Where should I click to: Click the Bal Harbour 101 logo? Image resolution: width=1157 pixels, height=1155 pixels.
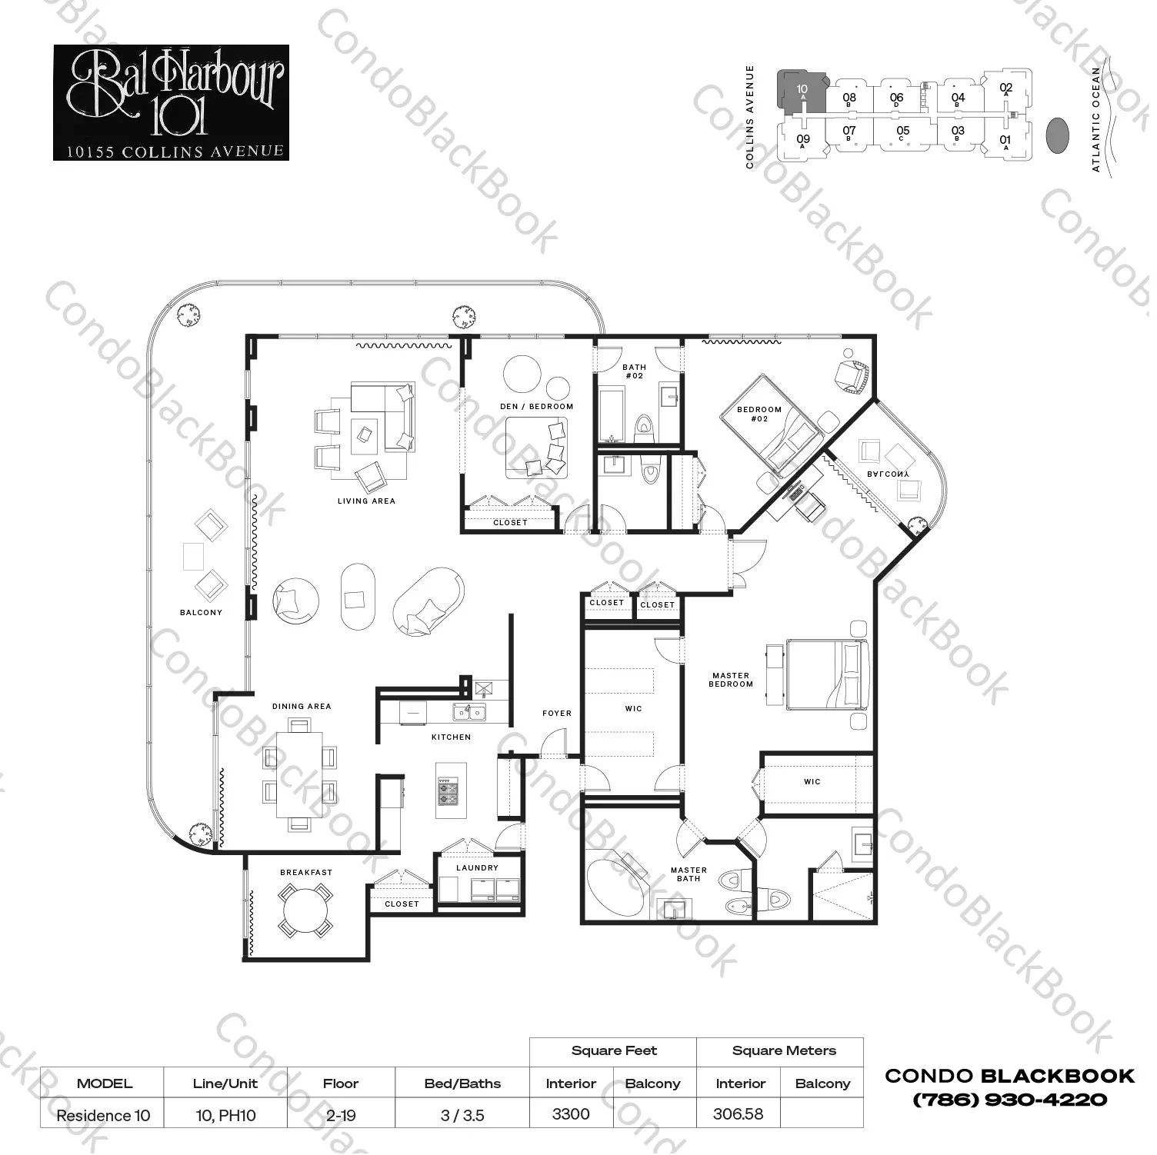pyautogui.click(x=171, y=102)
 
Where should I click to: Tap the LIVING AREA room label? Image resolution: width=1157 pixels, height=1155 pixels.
pyautogui.click(x=366, y=501)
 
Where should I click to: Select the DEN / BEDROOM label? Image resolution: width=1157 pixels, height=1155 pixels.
pyautogui.click(x=536, y=407)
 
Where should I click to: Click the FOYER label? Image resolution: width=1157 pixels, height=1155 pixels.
pyautogui.click(x=557, y=714)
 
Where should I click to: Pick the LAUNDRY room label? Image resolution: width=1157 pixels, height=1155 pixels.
pyautogui.click(x=477, y=868)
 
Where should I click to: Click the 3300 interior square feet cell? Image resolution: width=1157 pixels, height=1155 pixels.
pyautogui.click(x=571, y=1114)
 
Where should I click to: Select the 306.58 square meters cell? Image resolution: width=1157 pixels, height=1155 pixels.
pyautogui.click(x=738, y=1114)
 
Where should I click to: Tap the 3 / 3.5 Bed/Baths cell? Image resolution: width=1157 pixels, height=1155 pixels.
pyautogui.click(x=462, y=1115)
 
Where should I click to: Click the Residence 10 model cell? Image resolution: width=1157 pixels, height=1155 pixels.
pyautogui.click(x=103, y=1115)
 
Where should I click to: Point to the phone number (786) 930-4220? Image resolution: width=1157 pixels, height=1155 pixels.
pyautogui.click(x=1009, y=1100)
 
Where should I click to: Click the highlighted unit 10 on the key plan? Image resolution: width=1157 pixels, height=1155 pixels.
pyautogui.click(x=802, y=94)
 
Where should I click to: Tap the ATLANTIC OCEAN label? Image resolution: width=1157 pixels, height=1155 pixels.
pyautogui.click(x=1096, y=119)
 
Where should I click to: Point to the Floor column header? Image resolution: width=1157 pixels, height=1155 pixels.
pyautogui.click(x=341, y=1083)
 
